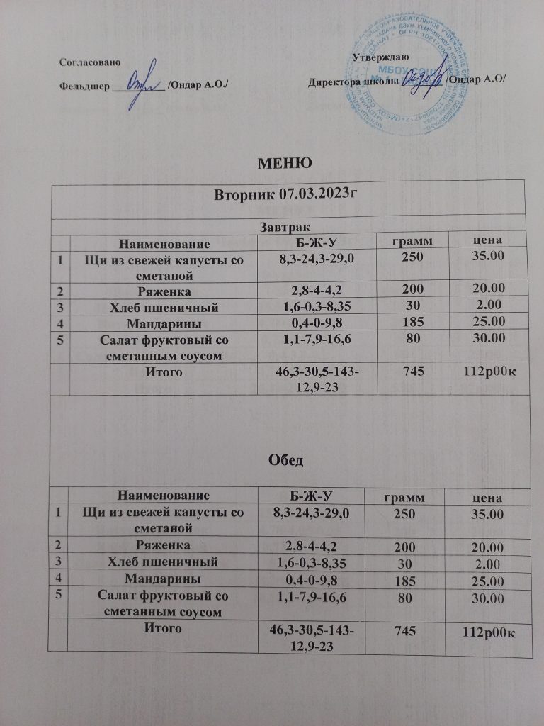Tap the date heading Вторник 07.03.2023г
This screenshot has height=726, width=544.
tap(285, 194)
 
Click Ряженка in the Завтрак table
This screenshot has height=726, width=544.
tap(164, 290)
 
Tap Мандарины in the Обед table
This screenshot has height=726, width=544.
tap(164, 579)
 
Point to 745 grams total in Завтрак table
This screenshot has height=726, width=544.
tap(408, 372)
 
